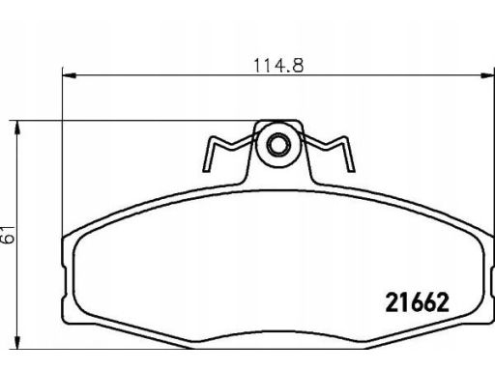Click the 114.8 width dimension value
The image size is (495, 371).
point(278,66)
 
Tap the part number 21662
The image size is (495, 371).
point(417,302)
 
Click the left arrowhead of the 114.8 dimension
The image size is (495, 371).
point(70,75)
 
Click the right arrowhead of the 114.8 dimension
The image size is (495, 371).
point(487,75)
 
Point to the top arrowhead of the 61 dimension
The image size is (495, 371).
point(17,128)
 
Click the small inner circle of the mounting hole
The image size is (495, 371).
point(277,145)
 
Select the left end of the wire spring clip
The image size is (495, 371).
point(205,170)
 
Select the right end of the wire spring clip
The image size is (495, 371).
point(352,170)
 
